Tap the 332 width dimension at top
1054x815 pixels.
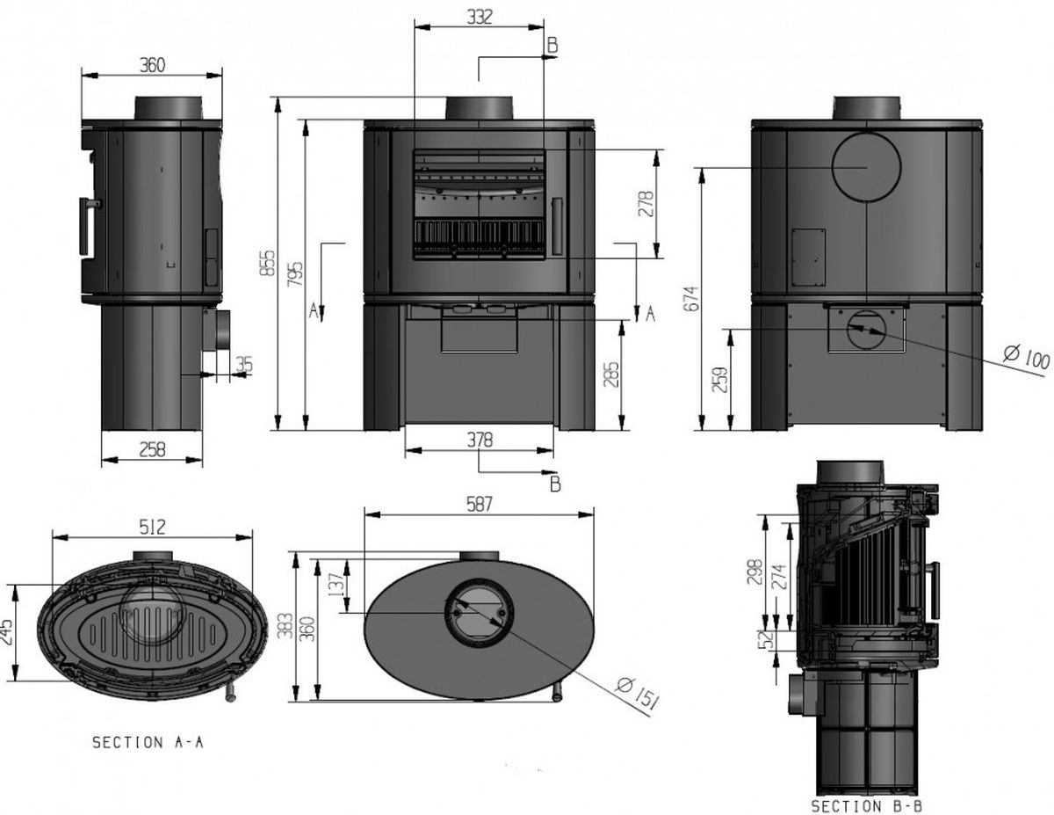point(479,16)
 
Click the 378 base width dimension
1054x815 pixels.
point(479,439)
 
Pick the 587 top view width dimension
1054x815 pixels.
point(479,505)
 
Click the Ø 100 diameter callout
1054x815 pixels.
point(1025,358)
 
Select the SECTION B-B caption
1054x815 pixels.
point(866,805)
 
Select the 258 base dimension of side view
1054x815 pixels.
point(152,449)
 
